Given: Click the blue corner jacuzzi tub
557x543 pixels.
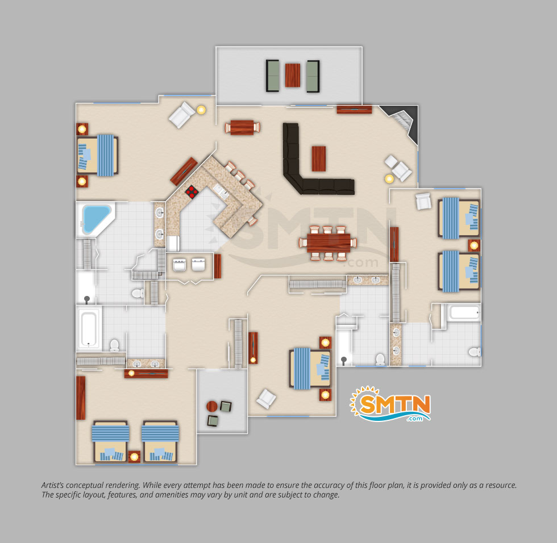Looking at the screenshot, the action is (95, 218).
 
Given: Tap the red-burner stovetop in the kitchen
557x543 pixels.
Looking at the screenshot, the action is (192, 191).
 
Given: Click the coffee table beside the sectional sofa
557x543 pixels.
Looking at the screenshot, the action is (319, 158).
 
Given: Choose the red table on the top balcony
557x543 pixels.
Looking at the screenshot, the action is (292, 75).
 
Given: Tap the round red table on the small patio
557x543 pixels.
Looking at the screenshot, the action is (211, 406).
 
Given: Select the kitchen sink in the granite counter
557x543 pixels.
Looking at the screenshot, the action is (221, 191).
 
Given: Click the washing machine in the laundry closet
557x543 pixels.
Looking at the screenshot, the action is (180, 265).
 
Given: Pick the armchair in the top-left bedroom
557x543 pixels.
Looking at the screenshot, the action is (181, 114).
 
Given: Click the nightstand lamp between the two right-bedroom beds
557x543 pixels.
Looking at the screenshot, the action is (474, 245).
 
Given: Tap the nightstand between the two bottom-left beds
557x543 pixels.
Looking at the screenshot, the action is (134, 456).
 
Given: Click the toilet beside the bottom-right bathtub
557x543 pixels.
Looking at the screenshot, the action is (474, 352).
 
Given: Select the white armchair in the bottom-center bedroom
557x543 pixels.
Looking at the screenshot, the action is (266, 399).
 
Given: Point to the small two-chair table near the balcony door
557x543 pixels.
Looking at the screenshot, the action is (242, 127).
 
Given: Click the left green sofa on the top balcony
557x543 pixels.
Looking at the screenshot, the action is (272, 76).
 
